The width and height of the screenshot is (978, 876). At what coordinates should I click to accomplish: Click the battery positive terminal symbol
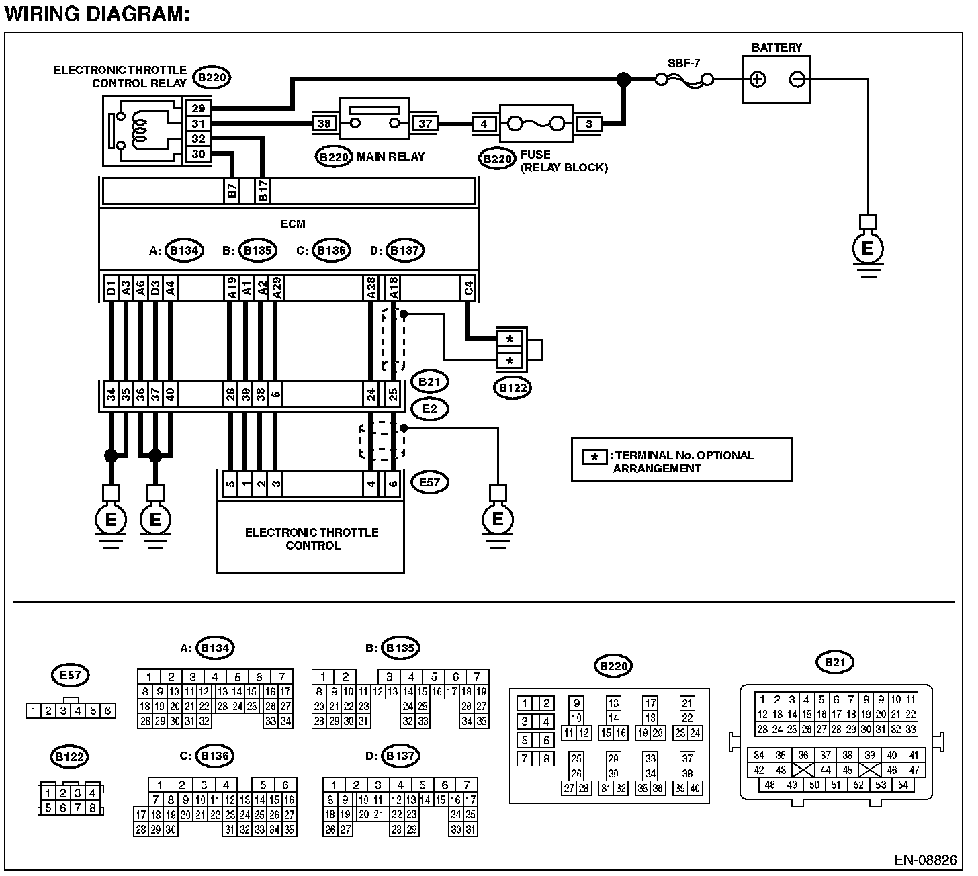click(x=758, y=79)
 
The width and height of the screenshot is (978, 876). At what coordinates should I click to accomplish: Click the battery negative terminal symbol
click(x=797, y=79)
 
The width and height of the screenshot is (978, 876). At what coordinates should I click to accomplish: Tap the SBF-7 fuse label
click(x=684, y=63)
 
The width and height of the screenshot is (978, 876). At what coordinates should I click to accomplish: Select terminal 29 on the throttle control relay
click(x=198, y=108)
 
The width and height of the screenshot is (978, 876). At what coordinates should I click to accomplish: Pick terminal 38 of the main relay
click(x=324, y=123)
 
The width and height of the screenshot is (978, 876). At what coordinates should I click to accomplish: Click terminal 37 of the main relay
click(x=425, y=123)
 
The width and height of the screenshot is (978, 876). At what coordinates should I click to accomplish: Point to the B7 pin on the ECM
click(x=232, y=190)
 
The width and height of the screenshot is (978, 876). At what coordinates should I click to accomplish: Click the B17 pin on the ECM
click(x=263, y=190)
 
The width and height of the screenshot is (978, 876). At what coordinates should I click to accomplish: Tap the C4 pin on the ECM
click(x=468, y=288)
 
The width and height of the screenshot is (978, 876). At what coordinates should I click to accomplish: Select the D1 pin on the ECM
click(x=111, y=288)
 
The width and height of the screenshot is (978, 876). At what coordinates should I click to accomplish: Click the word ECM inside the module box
click(x=293, y=224)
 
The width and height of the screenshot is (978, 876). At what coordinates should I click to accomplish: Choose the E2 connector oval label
click(x=430, y=409)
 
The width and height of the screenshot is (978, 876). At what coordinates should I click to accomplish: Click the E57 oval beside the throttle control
click(x=430, y=482)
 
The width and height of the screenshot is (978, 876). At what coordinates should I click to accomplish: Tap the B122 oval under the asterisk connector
click(x=513, y=388)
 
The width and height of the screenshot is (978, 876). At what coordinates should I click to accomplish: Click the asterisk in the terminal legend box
click(x=594, y=457)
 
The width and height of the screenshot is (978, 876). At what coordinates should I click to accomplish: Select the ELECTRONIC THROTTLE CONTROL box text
click(x=312, y=539)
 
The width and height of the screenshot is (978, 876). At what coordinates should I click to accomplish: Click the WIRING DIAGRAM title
click(x=97, y=13)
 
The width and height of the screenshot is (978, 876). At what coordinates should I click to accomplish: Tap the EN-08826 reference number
click(x=925, y=860)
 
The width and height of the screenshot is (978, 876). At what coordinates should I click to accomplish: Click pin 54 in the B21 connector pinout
click(x=903, y=784)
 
